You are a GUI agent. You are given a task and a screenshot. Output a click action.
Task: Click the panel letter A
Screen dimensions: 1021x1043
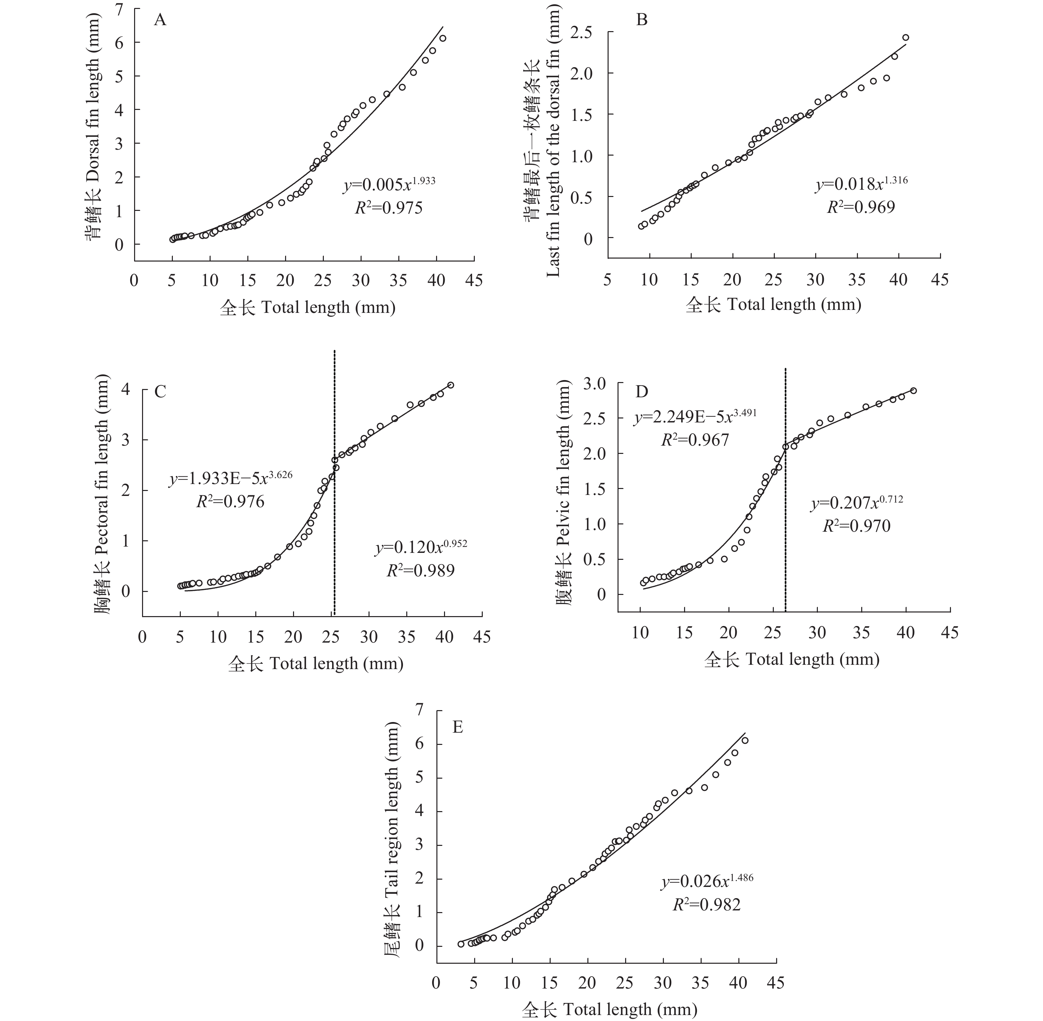pos(160,20)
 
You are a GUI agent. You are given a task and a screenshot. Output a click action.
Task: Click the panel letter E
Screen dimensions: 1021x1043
pos(457,727)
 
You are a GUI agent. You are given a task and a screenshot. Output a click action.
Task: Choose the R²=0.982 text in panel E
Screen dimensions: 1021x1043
pos(707,905)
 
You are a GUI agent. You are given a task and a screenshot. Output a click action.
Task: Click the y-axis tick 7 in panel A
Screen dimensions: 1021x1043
pos(119,9)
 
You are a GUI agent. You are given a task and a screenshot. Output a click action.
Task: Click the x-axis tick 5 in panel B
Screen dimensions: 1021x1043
pos(608,279)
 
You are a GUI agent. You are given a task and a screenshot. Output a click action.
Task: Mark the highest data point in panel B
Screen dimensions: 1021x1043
pos(906,37)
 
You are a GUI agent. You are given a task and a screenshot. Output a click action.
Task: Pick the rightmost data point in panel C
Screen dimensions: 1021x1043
pos(451,385)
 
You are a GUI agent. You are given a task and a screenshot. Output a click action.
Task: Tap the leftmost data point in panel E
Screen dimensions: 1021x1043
pos(461,959)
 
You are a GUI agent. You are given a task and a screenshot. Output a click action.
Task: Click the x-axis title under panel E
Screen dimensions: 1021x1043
pos(609,1010)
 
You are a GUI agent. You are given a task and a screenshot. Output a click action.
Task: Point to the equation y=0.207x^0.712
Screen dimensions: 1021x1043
pos(856,503)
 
